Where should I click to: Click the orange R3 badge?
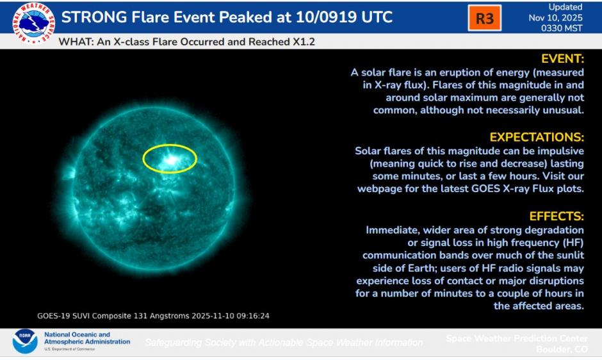(x=484, y=19)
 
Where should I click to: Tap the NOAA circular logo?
(x=24, y=341)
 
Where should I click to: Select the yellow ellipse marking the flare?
(x=169, y=158)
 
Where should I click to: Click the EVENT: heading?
(x=562, y=59)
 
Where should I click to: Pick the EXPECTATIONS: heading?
(x=537, y=137)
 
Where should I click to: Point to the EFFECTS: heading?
(x=557, y=216)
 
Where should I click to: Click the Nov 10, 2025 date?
(x=557, y=18)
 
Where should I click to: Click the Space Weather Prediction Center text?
(x=516, y=338)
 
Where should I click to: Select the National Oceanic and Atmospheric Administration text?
(x=86, y=338)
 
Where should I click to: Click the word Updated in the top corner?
(x=565, y=7)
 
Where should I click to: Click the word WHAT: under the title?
(x=76, y=42)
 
